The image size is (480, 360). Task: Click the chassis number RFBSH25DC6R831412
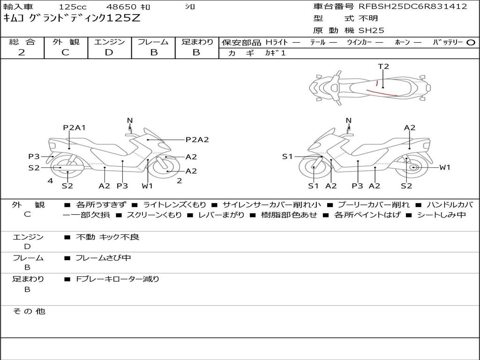click(x=413, y=7)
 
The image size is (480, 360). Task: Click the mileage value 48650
click(x=121, y=7)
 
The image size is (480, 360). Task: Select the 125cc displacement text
click(x=72, y=7)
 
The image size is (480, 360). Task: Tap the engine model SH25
click(x=371, y=30)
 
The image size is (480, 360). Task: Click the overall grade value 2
click(x=22, y=52)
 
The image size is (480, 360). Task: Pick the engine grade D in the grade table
click(x=109, y=52)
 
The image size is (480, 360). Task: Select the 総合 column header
click(x=22, y=42)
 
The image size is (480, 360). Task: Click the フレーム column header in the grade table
click(x=153, y=42)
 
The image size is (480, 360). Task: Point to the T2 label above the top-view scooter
click(x=383, y=67)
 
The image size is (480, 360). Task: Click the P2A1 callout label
click(x=75, y=127)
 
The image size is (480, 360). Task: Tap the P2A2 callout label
click(x=197, y=139)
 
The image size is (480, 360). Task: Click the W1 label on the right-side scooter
click(x=444, y=167)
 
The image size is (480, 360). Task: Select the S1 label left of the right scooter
click(x=287, y=157)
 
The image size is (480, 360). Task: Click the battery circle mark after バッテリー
click(x=471, y=42)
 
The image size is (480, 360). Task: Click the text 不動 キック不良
click(x=107, y=237)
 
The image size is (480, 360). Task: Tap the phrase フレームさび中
click(x=103, y=258)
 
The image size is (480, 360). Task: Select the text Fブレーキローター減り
click(x=118, y=279)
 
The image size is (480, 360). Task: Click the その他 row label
click(x=29, y=311)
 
